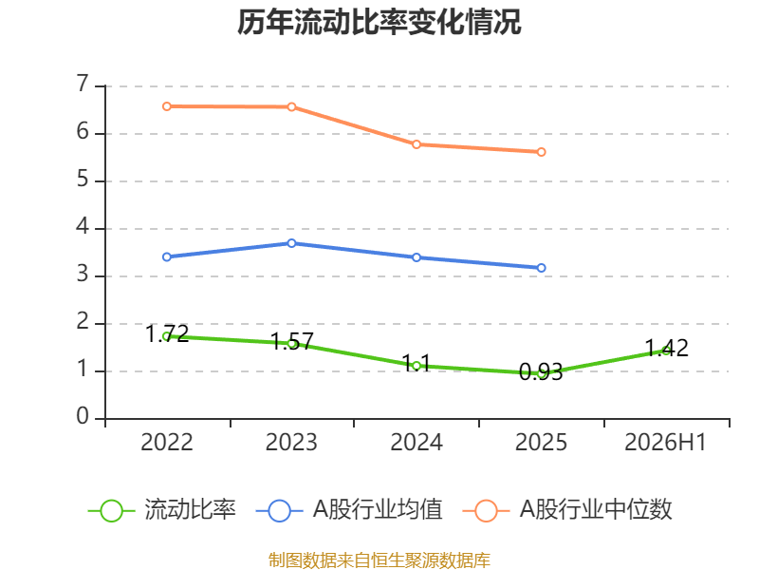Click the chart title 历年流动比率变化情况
[379, 22]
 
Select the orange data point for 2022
[167, 106]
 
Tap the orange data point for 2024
[417, 144]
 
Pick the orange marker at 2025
[541, 152]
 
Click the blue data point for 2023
[291, 243]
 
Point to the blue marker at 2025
[541, 268]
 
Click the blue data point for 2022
[167, 256]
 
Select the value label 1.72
[167, 333]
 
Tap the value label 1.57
[292, 341]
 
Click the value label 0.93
[541, 371]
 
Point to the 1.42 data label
[667, 348]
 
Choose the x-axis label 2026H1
[666, 442]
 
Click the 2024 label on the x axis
[417, 442]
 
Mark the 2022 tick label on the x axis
[167, 442]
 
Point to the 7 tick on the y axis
[83, 84]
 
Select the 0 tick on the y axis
[83, 416]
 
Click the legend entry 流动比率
[161, 510]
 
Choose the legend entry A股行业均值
[349, 510]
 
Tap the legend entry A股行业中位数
[567, 510]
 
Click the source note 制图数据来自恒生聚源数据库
[379, 560]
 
